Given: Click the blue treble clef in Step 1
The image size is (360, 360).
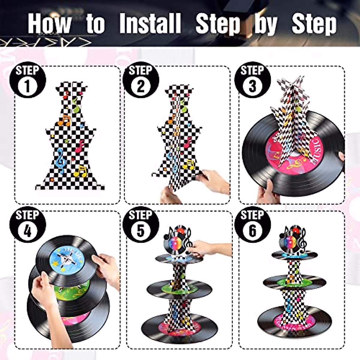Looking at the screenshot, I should [61, 160].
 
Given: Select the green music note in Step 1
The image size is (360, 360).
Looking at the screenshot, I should [76, 105].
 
